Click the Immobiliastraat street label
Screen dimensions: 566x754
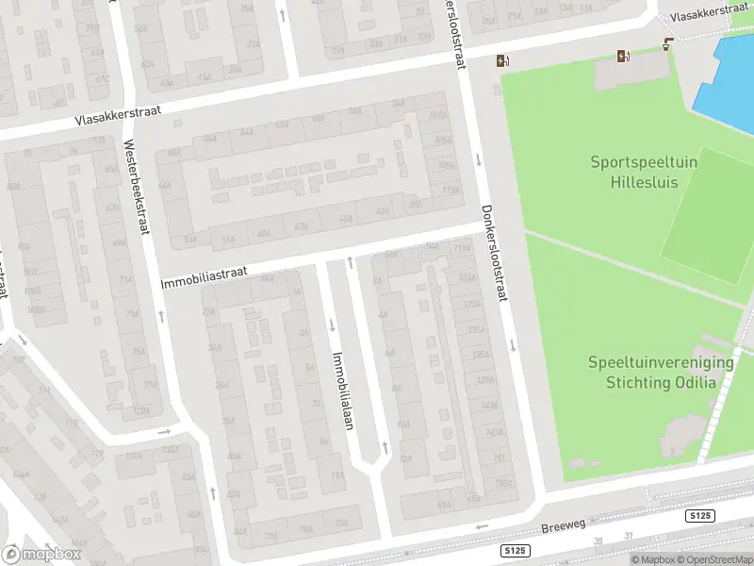point(204,275)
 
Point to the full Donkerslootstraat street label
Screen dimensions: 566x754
point(494,253)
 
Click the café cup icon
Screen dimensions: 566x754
point(668,43)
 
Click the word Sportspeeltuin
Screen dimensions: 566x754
point(644,162)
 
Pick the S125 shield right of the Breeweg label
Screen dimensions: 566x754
point(700,516)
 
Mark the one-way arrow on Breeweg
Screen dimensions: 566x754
point(484,526)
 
